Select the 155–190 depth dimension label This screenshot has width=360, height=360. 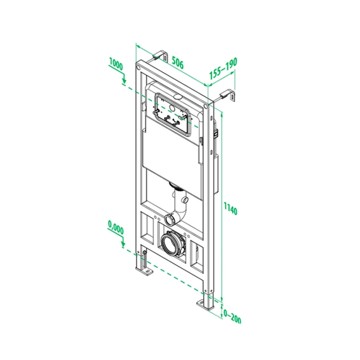coord(223,68)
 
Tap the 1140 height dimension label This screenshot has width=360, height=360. coord(230,206)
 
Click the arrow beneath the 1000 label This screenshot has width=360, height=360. coord(123,79)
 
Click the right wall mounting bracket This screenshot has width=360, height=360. coord(227,95)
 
